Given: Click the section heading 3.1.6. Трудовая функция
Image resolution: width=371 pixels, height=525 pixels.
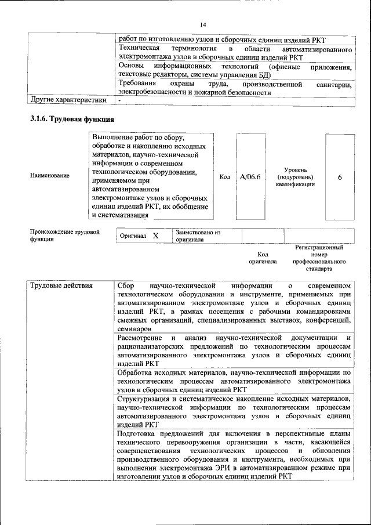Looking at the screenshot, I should pos(71,119).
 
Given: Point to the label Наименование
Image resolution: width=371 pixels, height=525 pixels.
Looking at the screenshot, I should pos(50,175).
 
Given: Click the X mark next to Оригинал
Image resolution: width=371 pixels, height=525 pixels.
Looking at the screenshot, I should pos(155,236).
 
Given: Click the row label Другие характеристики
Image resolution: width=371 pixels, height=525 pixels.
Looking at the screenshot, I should pos(68,100).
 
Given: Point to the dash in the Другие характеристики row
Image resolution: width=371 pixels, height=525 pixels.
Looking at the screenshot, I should pos(119,100).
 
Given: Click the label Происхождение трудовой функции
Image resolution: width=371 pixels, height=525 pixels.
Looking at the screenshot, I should pos(65,235).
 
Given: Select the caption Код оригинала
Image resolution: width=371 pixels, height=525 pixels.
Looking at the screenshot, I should pos(263,258).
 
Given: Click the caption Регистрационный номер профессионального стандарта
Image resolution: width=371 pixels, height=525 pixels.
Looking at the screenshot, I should pos(319,258).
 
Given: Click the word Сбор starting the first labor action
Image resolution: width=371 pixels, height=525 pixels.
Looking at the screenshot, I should pos(126,287).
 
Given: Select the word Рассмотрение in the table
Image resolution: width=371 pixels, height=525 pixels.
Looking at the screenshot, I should pos(140,338).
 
